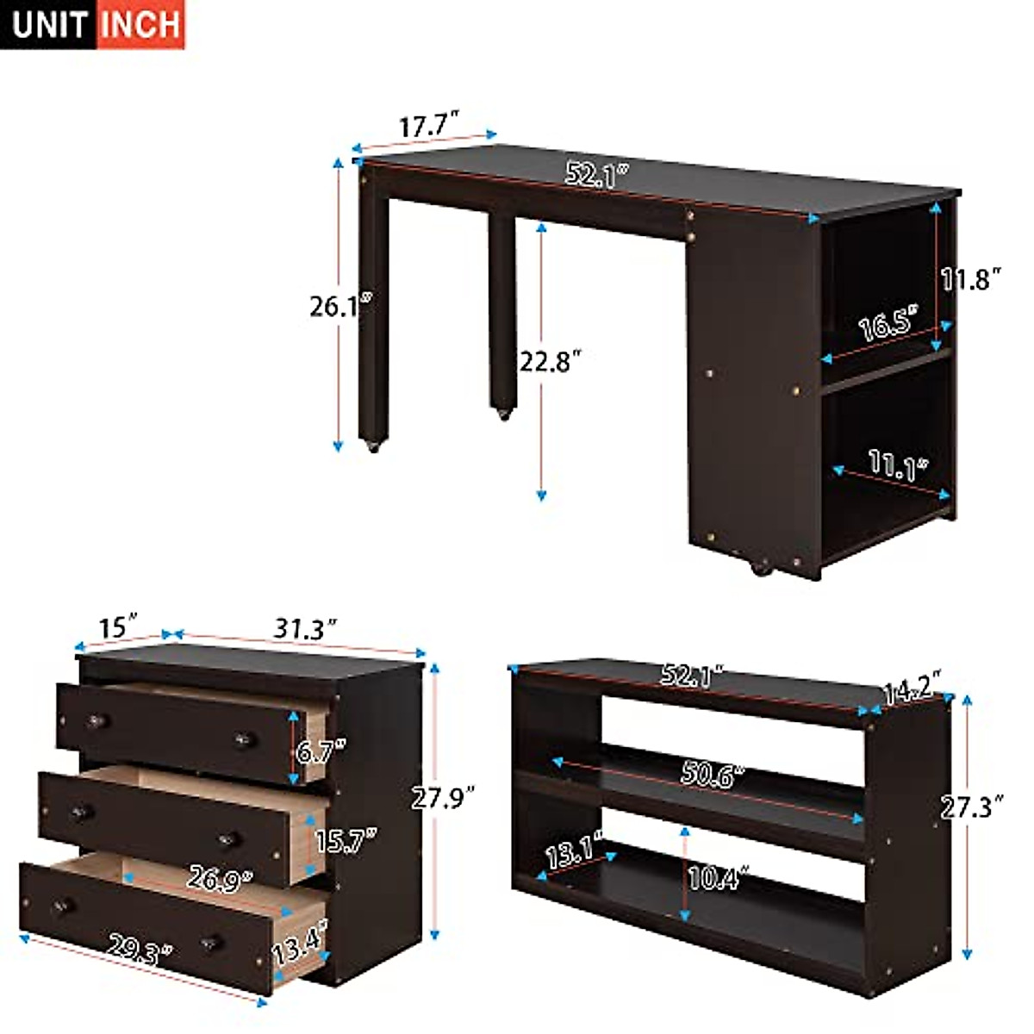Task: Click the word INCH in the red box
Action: (x=140, y=24)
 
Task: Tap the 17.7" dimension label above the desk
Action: (x=426, y=126)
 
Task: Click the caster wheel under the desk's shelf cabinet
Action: (x=762, y=568)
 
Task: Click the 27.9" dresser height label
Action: (x=443, y=798)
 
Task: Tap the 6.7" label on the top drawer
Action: (x=321, y=751)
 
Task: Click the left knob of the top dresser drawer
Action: (x=96, y=720)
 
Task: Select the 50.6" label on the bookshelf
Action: (x=712, y=773)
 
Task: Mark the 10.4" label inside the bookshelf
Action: (x=716, y=879)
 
